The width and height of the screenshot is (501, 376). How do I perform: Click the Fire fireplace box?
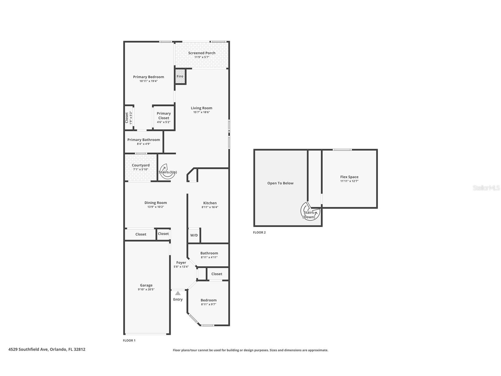(x=180, y=76)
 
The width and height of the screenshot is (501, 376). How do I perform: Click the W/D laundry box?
(x=194, y=235)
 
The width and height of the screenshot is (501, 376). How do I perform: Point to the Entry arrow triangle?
(x=178, y=293)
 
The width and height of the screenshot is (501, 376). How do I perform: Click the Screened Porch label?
(x=202, y=53)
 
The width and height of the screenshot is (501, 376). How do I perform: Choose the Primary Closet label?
(x=164, y=116)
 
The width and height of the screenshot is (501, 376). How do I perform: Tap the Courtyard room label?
(x=141, y=165)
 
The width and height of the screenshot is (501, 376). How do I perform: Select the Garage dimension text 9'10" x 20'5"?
(x=146, y=289)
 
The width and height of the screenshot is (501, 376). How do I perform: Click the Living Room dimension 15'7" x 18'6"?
(x=202, y=112)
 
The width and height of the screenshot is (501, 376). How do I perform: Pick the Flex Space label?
(x=349, y=177)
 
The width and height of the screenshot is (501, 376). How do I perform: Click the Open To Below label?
(x=280, y=183)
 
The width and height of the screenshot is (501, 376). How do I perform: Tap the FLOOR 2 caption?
(x=259, y=232)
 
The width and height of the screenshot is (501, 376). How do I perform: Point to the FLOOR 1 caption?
(x=129, y=340)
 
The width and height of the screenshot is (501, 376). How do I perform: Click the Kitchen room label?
(x=210, y=203)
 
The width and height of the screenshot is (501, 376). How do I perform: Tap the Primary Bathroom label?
(x=144, y=140)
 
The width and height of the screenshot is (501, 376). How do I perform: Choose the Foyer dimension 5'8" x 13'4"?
(x=181, y=267)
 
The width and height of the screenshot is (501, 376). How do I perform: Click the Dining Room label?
(x=156, y=202)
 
